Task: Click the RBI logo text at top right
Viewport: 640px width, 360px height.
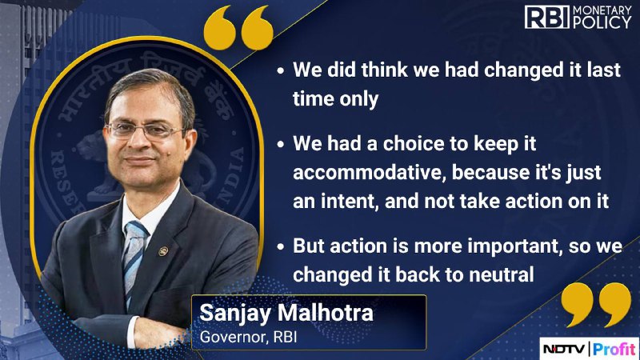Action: [x=546, y=18]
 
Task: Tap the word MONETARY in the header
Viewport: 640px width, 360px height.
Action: [x=602, y=10]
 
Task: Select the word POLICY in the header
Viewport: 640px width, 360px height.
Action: [x=602, y=23]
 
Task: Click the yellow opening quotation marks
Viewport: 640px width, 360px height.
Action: [x=238, y=28]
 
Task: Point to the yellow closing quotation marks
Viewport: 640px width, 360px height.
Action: [x=596, y=305]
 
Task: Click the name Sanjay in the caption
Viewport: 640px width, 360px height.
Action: [x=235, y=314]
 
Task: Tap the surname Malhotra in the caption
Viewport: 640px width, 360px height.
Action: [x=326, y=313]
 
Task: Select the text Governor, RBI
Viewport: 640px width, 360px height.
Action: [x=248, y=337]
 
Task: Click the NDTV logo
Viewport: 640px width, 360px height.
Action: [x=565, y=349]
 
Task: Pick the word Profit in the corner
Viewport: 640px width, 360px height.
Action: [x=614, y=349]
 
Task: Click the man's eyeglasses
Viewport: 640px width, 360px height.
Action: [x=146, y=130]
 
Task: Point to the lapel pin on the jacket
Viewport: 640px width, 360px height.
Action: [x=163, y=251]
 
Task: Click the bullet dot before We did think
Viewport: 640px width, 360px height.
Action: [x=281, y=70]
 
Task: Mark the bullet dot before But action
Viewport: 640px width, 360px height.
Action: [x=281, y=247]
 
